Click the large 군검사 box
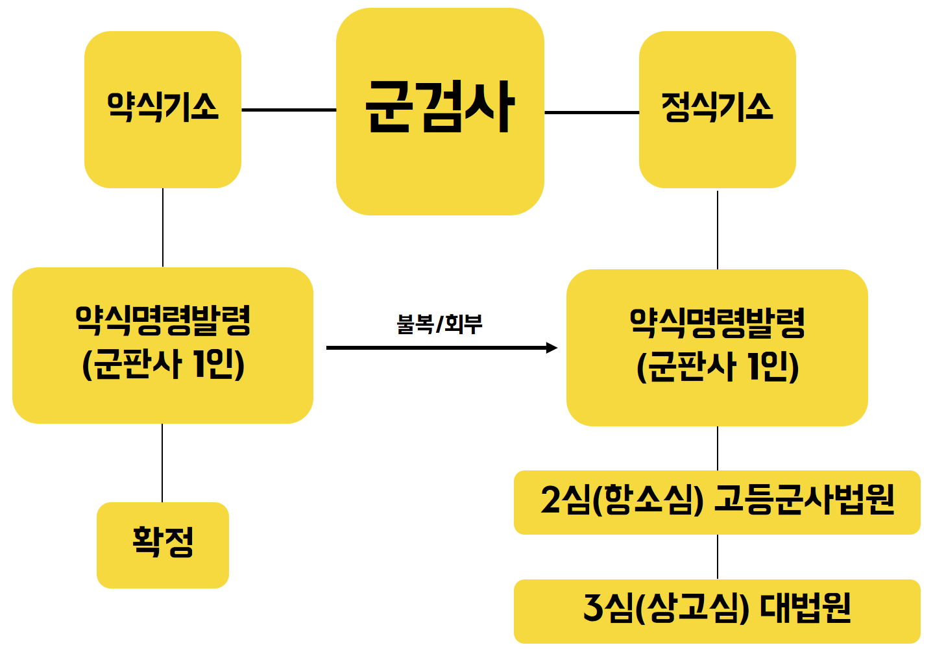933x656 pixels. point(440,112)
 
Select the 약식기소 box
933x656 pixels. point(163,110)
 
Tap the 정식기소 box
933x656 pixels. point(717,110)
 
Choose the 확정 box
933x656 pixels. point(163,545)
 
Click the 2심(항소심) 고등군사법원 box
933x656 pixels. point(717,502)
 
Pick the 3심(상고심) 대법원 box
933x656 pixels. point(717,611)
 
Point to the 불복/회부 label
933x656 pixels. point(439,324)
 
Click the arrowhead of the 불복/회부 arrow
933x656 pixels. point(552,348)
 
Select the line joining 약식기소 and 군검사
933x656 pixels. point(289,110)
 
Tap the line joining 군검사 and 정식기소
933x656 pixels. point(592,112)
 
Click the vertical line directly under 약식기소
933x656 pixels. point(163,227)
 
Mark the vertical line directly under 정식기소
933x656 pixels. point(718,229)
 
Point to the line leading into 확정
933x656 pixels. point(162,463)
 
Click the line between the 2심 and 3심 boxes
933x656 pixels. point(718,557)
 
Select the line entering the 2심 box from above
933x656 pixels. point(718,448)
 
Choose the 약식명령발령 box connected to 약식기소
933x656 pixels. point(163,345)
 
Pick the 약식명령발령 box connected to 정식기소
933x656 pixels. point(717,348)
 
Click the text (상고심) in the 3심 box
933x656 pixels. point(692,609)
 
